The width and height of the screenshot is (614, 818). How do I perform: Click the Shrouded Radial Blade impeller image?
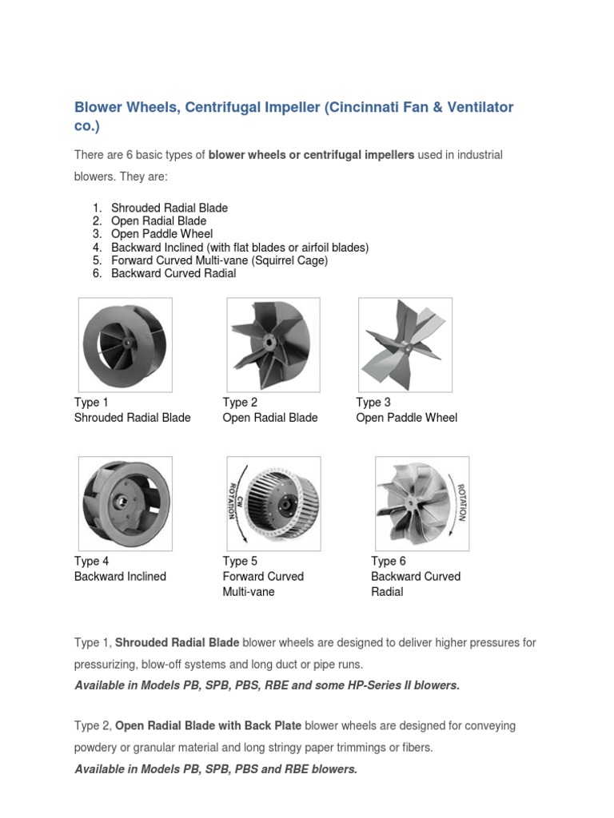pos(125,344)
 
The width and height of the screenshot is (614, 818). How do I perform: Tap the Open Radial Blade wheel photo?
pos(273,344)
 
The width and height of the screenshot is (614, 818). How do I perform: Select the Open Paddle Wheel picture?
pos(405,344)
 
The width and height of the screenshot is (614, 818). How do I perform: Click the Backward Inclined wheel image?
pos(125,503)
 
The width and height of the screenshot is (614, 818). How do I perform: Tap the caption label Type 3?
pos(373,403)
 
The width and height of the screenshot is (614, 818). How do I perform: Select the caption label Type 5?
pos(240,562)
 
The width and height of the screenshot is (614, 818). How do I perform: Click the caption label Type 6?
pos(388,562)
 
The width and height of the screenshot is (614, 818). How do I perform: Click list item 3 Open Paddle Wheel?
pos(161,234)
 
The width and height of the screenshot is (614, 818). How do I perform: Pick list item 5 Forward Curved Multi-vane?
pos(219,260)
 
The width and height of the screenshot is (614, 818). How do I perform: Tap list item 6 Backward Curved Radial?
pos(173,273)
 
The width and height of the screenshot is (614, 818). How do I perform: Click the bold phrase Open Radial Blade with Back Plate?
pos(209,726)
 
